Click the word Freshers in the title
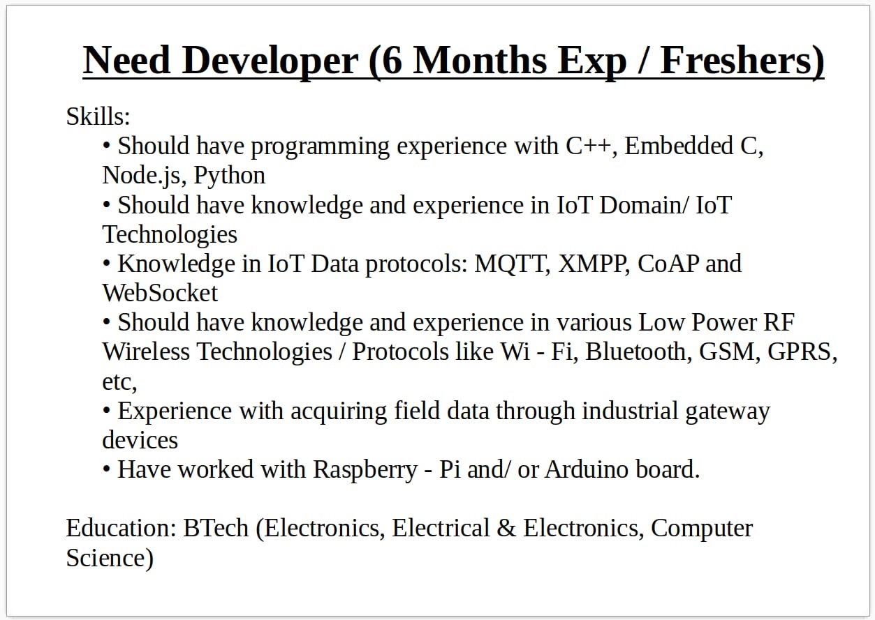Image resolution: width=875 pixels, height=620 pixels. pyautogui.click(x=737, y=61)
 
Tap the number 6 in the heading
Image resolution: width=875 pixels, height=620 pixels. pyautogui.click(x=392, y=61)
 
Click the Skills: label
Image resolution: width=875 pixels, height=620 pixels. pyautogui.click(x=98, y=116)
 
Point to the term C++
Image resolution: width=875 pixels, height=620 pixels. pyautogui.click(x=588, y=146)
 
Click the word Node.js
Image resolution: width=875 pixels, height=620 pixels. pyautogui.click(x=141, y=176)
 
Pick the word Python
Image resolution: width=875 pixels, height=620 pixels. pyautogui.click(x=229, y=176)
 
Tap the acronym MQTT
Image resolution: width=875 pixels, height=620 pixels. pyautogui.click(x=510, y=264)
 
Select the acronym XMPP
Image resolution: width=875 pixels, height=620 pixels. pyautogui.click(x=591, y=264)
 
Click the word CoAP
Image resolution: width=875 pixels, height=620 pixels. pyautogui.click(x=668, y=264)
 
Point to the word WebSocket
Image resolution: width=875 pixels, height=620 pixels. pyautogui.click(x=160, y=293)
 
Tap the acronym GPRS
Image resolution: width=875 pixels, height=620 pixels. pyautogui.click(x=800, y=352)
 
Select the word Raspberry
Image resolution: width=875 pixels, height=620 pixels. pyautogui.click(x=365, y=470)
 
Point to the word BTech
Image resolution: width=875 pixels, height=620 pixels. pyautogui.click(x=216, y=529)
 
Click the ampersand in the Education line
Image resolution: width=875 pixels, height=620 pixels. pyautogui.click(x=506, y=529)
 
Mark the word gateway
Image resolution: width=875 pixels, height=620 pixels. pyautogui.click(x=728, y=412)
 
